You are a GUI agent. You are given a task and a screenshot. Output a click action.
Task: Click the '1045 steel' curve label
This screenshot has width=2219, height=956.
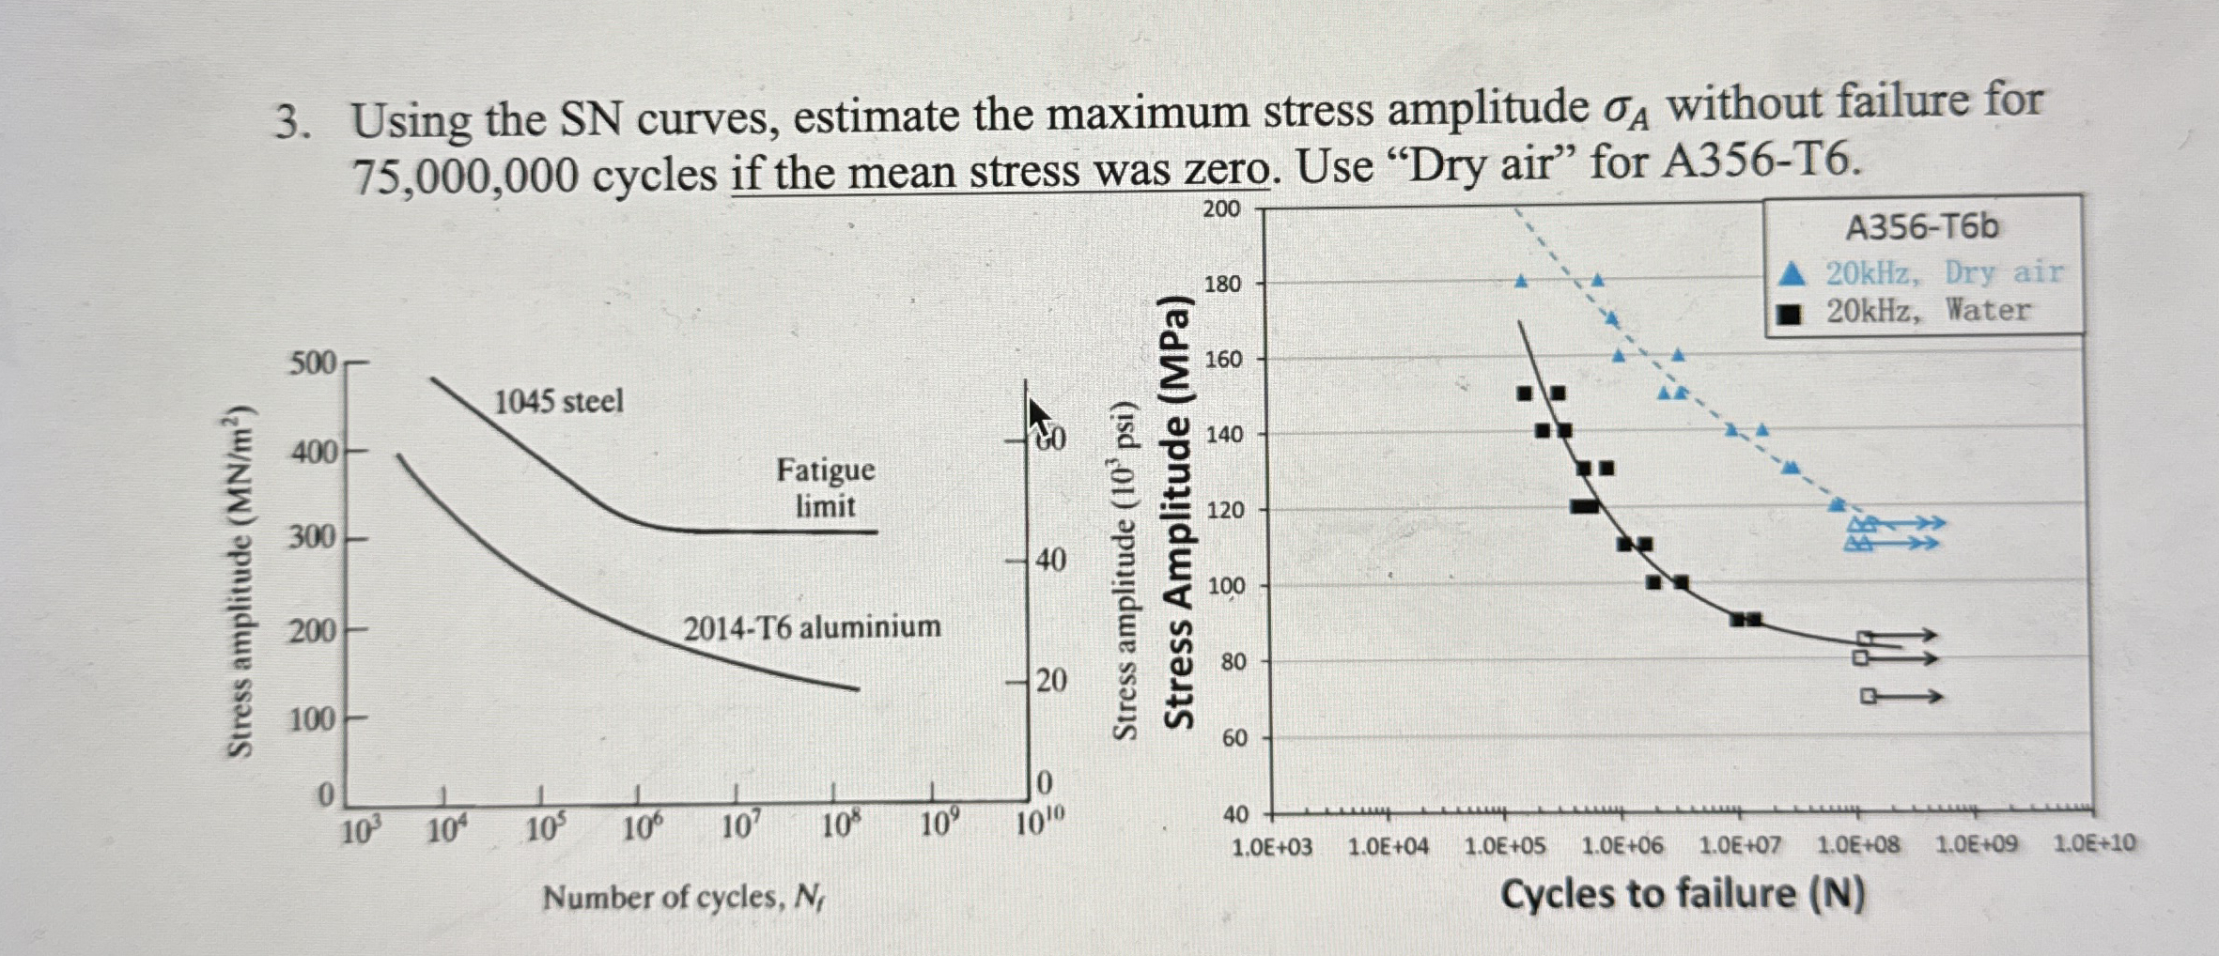pyautogui.click(x=558, y=401)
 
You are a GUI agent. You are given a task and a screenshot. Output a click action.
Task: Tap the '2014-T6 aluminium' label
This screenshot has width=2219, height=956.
pyautogui.click(x=812, y=626)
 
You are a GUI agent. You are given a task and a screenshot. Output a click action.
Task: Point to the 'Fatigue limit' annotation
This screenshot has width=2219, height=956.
pyautogui.click(x=825, y=487)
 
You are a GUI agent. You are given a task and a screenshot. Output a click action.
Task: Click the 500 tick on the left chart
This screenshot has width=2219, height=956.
pyautogui.click(x=312, y=362)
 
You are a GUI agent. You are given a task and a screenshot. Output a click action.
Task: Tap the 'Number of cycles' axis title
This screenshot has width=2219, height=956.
pyautogui.click(x=683, y=898)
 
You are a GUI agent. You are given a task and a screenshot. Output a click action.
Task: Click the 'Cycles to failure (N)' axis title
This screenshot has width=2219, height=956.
pyautogui.click(x=1682, y=893)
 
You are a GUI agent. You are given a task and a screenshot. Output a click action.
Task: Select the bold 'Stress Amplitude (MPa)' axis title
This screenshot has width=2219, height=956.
pyautogui.click(x=1179, y=513)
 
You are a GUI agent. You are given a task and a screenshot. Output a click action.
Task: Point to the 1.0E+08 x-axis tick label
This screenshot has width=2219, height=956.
pyautogui.click(x=1857, y=845)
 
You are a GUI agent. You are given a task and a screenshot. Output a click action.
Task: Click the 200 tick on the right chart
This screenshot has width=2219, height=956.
pyautogui.click(x=1221, y=208)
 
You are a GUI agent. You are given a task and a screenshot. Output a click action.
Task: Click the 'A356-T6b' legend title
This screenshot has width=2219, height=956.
pyautogui.click(x=1922, y=227)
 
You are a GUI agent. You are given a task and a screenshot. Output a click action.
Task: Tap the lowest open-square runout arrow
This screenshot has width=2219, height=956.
pyautogui.click(x=1901, y=696)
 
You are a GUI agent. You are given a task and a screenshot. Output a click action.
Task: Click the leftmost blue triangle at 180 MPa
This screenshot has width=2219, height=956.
pyautogui.click(x=1521, y=281)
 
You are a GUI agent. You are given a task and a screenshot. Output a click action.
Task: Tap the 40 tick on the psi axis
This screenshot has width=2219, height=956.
pyautogui.click(x=1050, y=560)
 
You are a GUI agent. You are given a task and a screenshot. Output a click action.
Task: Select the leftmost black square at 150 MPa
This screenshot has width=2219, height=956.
pyautogui.click(x=1525, y=393)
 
